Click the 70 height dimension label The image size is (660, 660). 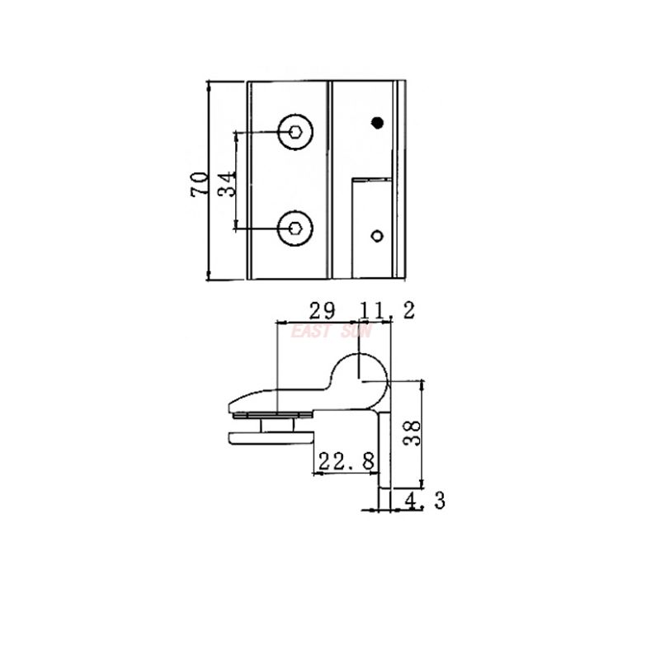198,182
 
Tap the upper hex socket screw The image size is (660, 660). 295,131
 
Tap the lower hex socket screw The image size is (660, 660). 295,227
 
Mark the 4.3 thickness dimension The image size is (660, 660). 424,499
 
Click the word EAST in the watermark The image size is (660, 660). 311,332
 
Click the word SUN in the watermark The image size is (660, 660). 359,332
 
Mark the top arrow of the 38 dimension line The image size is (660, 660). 422,384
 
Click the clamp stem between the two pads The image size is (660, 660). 285,422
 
